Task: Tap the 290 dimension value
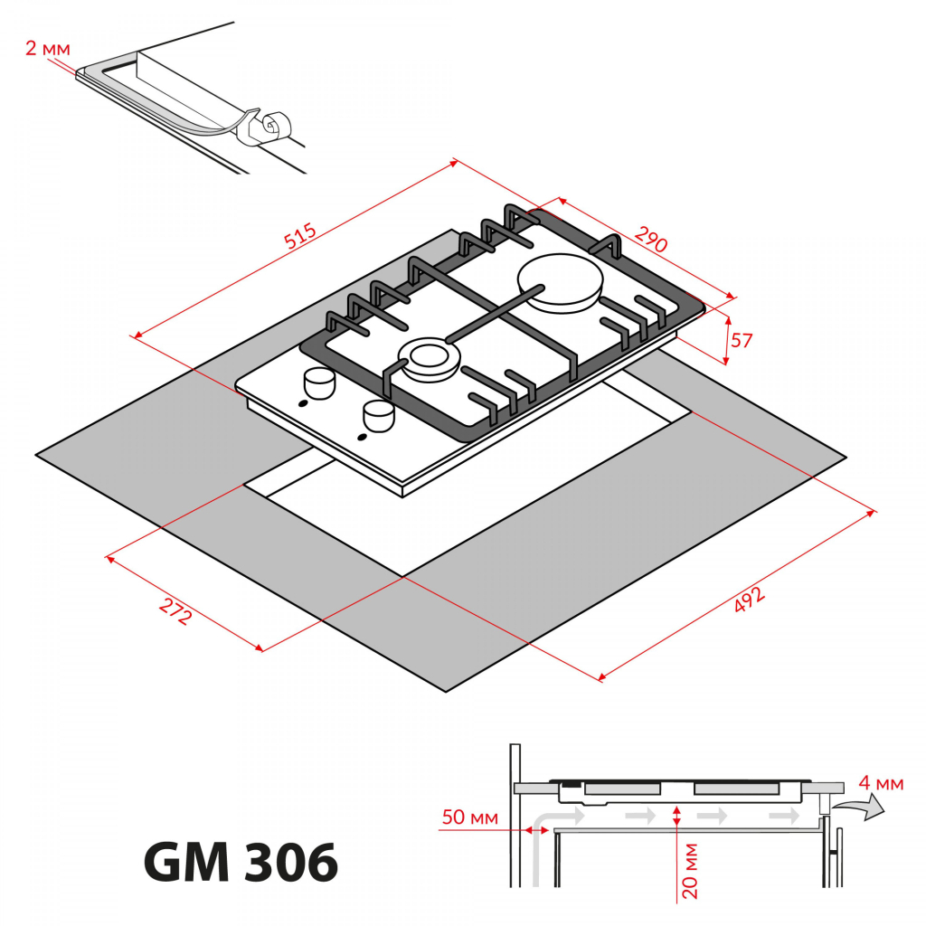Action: pos(650,241)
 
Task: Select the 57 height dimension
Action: pos(742,341)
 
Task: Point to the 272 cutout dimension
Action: pos(175,613)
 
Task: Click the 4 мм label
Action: pos(881,783)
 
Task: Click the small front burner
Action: pos(427,358)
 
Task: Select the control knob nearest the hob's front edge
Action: pos(378,415)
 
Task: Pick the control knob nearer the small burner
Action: pos(318,383)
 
